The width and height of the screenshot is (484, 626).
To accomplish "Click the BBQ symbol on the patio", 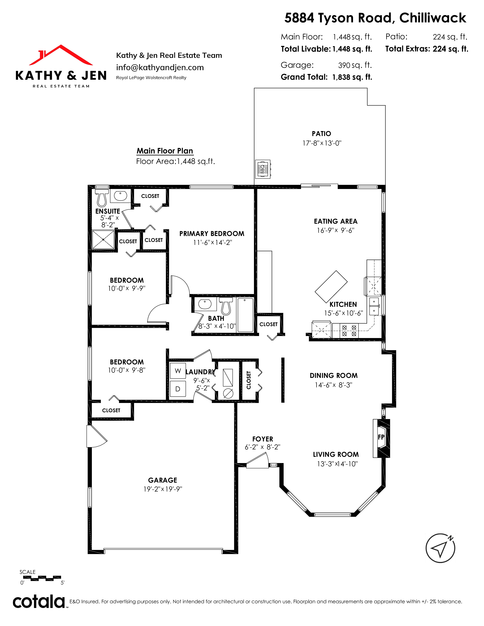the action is click(x=263, y=169).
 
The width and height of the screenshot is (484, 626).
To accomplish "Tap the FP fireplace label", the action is click(x=381, y=437).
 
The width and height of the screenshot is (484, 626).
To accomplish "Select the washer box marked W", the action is click(x=178, y=371).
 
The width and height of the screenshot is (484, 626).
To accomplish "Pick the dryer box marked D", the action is click(x=178, y=389).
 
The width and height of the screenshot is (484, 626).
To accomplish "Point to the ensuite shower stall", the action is click(x=103, y=239).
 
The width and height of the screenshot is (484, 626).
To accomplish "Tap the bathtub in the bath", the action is click(x=245, y=315).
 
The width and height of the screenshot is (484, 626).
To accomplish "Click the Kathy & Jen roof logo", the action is click(x=61, y=55).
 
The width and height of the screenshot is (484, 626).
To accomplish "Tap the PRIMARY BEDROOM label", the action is click(x=212, y=234).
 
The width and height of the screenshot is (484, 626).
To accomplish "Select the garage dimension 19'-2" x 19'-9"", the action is click(x=163, y=489).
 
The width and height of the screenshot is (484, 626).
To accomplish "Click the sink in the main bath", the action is click(x=205, y=304).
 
